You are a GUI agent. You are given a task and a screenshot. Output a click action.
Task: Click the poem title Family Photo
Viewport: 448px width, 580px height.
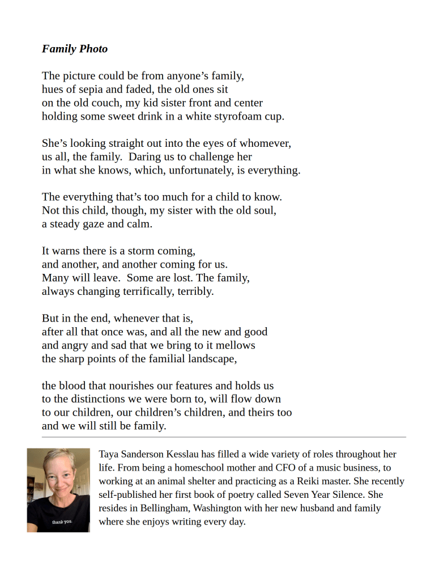[x=74, y=49]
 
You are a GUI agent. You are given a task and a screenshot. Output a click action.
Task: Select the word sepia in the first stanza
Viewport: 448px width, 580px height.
[x=84, y=89]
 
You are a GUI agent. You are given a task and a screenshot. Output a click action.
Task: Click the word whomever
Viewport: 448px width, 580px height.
[x=263, y=143]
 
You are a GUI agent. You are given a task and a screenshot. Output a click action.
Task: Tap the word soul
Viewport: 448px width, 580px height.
[x=264, y=210]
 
